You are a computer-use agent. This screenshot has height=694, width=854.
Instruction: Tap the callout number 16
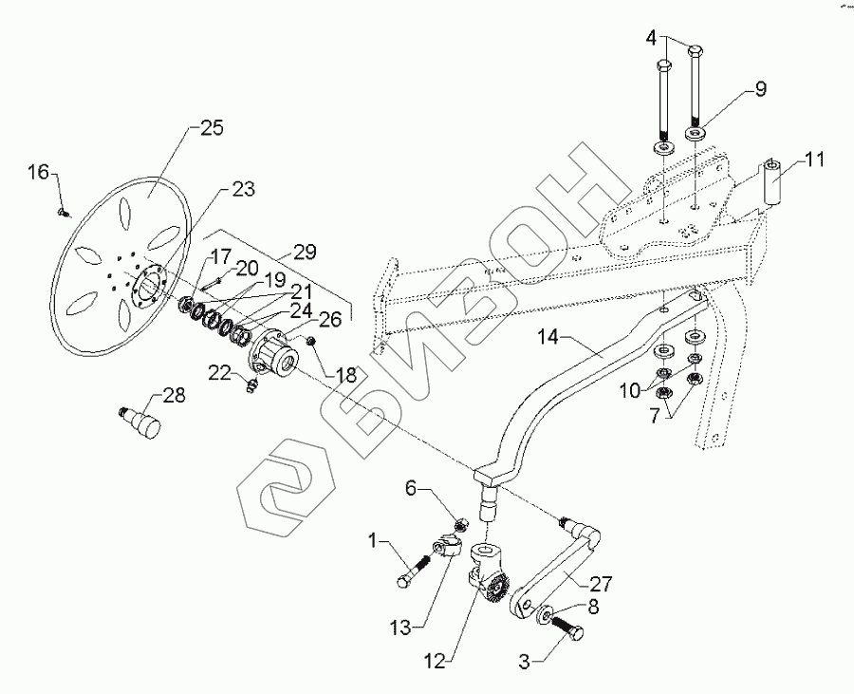37,172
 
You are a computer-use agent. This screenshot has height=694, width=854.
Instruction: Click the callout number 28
174,395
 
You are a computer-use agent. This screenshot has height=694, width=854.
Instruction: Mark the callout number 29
304,252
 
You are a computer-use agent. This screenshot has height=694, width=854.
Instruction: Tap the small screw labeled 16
64,213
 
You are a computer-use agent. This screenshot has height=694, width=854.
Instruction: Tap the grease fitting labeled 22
251,385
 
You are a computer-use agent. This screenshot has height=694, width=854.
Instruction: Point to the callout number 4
651,37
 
